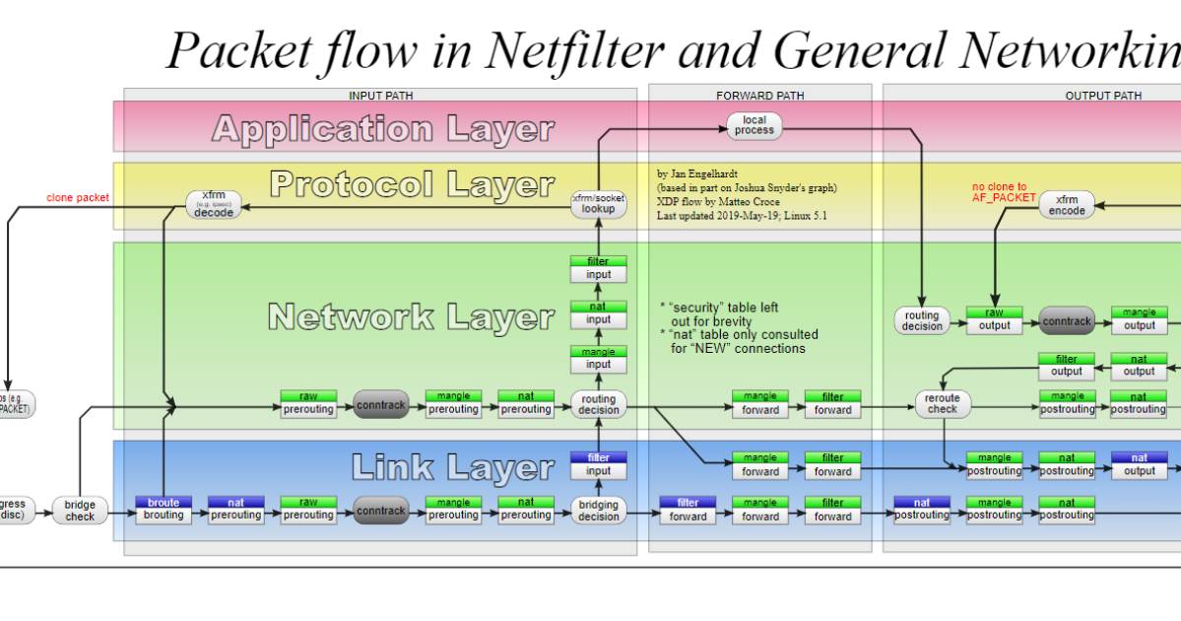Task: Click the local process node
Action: tap(755, 125)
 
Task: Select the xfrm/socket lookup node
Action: tap(598, 204)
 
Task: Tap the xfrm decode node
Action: tap(214, 204)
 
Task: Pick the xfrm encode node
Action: tap(1067, 205)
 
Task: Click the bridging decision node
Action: tap(598, 511)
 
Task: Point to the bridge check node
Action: tap(80, 511)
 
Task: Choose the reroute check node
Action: tap(942, 404)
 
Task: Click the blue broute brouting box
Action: tap(164, 510)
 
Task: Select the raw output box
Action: tap(994, 320)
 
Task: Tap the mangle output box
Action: tap(1139, 320)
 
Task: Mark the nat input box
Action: tap(598, 314)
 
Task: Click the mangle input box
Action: tap(598, 359)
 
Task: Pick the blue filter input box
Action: tap(598, 465)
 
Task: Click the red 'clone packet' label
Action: tap(78, 198)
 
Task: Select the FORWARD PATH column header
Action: tap(759, 96)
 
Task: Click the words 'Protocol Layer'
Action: tap(412, 184)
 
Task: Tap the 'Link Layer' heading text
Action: tap(452, 467)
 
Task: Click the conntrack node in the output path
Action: tap(1067, 320)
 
